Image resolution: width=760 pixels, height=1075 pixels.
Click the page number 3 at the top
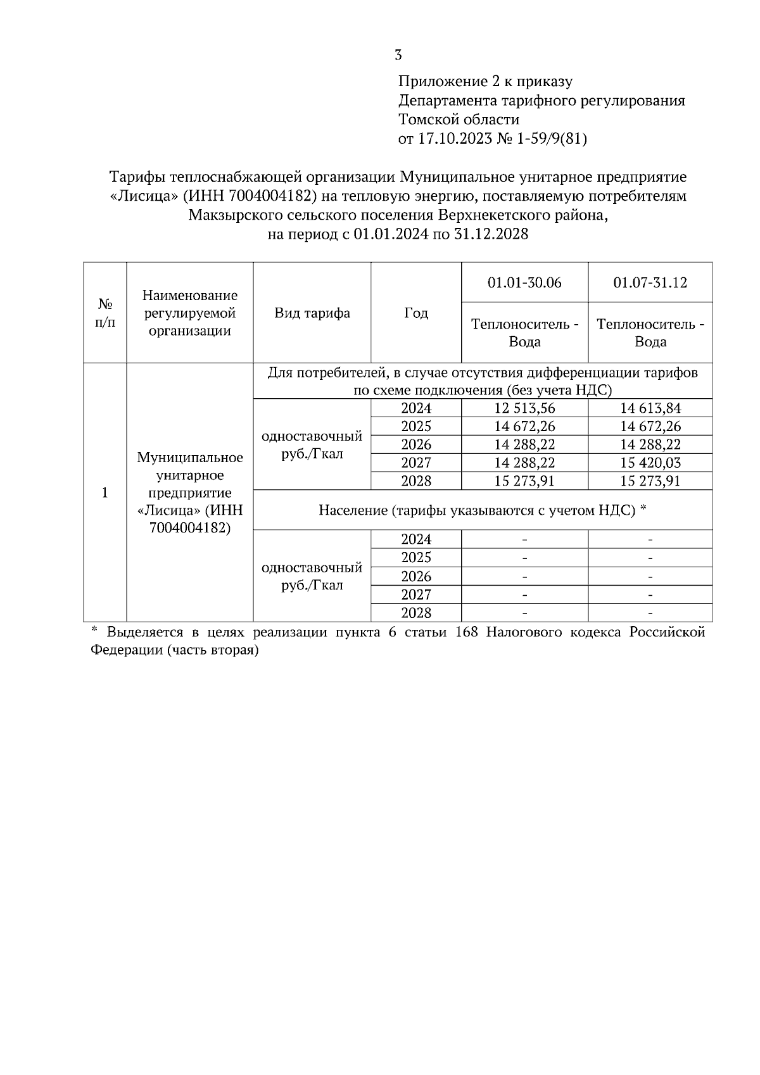coord(398,55)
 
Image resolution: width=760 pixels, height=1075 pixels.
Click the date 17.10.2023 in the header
coord(455,139)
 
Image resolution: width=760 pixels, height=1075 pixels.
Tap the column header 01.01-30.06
coord(524,282)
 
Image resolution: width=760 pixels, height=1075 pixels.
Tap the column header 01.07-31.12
coord(650,282)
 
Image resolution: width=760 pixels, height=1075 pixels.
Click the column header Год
coord(416,313)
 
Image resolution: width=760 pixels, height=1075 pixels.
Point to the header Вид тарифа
coord(312,313)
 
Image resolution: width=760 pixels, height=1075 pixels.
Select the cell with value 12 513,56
coord(524,408)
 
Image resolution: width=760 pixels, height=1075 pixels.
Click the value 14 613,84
coord(650,408)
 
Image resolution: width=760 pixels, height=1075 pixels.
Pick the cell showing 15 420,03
coord(650,463)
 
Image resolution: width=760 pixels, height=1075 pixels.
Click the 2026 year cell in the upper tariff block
coord(416,444)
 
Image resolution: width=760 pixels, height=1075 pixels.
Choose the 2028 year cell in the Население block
coord(416,613)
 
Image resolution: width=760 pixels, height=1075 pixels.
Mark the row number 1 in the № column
coord(105,493)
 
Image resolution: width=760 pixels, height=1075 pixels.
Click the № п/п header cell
coord(105,313)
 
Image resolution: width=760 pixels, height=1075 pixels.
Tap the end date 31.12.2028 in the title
coord(491,234)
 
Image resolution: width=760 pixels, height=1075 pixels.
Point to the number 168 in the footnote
coord(467,632)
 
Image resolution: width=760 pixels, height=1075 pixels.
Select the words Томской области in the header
coord(459,120)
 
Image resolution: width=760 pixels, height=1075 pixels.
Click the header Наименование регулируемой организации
coord(190,313)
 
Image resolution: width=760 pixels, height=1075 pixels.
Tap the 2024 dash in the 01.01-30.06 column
coord(524,540)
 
